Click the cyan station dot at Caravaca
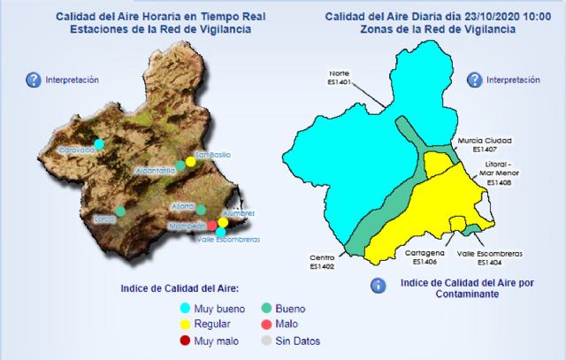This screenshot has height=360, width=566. pyautogui.click(x=100, y=143)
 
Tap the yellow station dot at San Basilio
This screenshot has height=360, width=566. pyautogui.click(x=190, y=163)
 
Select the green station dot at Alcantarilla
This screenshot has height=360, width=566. pyautogui.click(x=180, y=165)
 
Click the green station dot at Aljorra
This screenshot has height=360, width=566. pyautogui.click(x=202, y=210)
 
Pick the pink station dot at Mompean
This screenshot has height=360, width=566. pyautogui.click(x=211, y=226)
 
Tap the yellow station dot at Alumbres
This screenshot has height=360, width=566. pyautogui.click(x=223, y=222)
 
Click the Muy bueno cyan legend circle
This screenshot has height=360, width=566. pyautogui.click(x=185, y=309)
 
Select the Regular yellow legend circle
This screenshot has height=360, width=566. pyautogui.click(x=185, y=325)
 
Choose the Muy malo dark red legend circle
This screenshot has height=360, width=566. pyautogui.click(x=185, y=341)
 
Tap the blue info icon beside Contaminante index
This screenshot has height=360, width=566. pyautogui.click(x=378, y=286)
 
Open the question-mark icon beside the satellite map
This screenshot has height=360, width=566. pyautogui.click(x=34, y=80)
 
